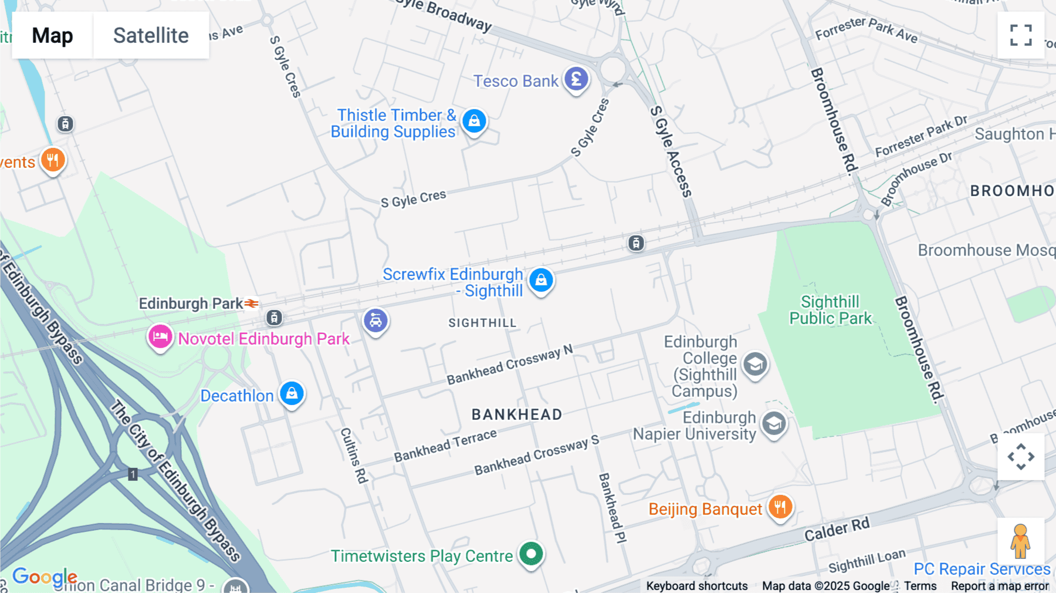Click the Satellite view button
pyautogui.click(x=151, y=36)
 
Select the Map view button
pyautogui.click(x=52, y=36)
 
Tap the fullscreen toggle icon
pyautogui.click(x=1021, y=35)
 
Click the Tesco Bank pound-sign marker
pyautogui.click(x=576, y=79)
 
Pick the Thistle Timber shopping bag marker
pyautogui.click(x=474, y=121)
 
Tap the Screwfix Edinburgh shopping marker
pyautogui.click(x=541, y=280)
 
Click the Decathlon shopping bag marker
pyautogui.click(x=292, y=393)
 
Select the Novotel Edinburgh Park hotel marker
pyautogui.click(x=160, y=337)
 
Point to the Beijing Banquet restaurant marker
pyautogui.click(x=780, y=506)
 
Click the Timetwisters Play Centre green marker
pyautogui.click(x=532, y=554)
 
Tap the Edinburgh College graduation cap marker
pyautogui.click(x=755, y=365)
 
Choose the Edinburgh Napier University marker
pyautogui.click(x=774, y=423)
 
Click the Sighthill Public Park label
pyautogui.click(x=830, y=310)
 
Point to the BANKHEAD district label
pyautogui.click(x=517, y=415)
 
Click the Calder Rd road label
pyautogui.click(x=837, y=530)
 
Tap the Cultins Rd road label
pyautogui.click(x=354, y=456)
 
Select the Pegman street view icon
pyautogui.click(x=1020, y=541)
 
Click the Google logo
pyautogui.click(x=45, y=577)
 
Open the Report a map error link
pyautogui.click(x=1000, y=586)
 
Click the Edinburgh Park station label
pyautogui.click(x=191, y=304)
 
